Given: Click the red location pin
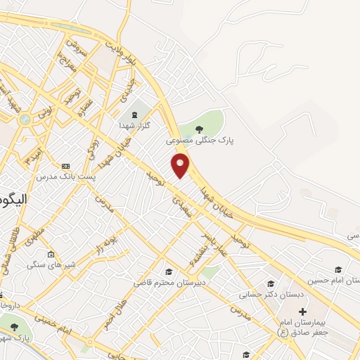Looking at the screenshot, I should click(x=181, y=165).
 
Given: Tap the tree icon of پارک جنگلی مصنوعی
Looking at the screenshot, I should click(x=200, y=129).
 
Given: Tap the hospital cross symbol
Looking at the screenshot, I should click(x=302, y=311).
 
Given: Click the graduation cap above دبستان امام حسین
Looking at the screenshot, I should click(x=338, y=269).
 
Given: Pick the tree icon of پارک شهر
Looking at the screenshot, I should click(x=13, y=325).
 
